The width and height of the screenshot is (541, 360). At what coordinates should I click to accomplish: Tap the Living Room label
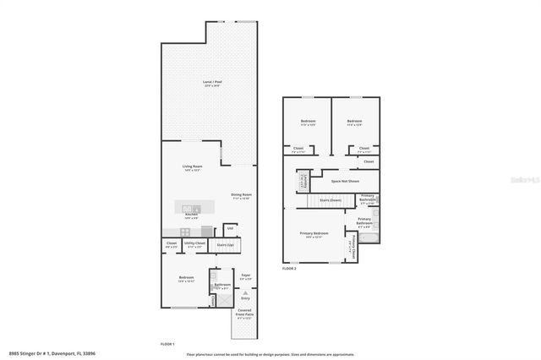[x=192, y=166]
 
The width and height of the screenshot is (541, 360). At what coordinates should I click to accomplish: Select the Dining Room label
[x=240, y=196]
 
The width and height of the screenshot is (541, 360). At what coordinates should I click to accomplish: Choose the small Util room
[x=229, y=227]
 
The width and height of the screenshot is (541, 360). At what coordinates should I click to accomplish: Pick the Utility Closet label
[x=194, y=243]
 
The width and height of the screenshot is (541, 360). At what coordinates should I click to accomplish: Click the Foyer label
[x=245, y=275]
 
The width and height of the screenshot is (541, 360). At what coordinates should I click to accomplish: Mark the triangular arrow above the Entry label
[x=246, y=292]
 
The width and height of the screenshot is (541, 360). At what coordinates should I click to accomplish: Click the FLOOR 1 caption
[x=167, y=344]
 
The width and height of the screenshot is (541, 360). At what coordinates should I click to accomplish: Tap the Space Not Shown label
[x=343, y=181]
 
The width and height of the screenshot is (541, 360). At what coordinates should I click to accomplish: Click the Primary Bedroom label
[x=314, y=234]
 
